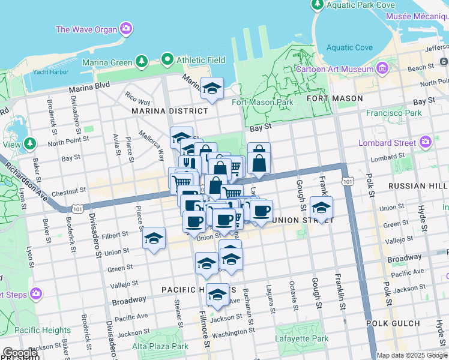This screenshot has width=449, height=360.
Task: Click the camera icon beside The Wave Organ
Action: pyautogui.click(x=125, y=28)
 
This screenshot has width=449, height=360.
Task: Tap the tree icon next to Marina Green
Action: pyautogui.click(x=142, y=61)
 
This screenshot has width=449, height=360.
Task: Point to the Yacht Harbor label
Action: pyautogui.click(x=51, y=72)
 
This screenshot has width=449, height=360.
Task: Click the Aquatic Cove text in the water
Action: pyautogui.click(x=350, y=47)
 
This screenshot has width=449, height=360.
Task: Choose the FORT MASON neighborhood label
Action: pyautogui.click(x=334, y=98)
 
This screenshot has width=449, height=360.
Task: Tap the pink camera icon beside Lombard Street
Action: pyautogui.click(x=426, y=142)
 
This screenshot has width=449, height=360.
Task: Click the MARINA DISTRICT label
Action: pyautogui.click(x=172, y=111)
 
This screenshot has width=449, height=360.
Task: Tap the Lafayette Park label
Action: pyautogui.click(x=303, y=338)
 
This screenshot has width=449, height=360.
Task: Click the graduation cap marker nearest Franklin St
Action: pyautogui.click(x=321, y=208)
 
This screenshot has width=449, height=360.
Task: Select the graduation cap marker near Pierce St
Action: pyautogui.click(x=154, y=239)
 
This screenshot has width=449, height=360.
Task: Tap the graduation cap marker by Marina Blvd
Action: pyautogui.click(x=212, y=88)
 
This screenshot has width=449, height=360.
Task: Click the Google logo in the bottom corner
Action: pyautogui.click(x=20, y=353)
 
